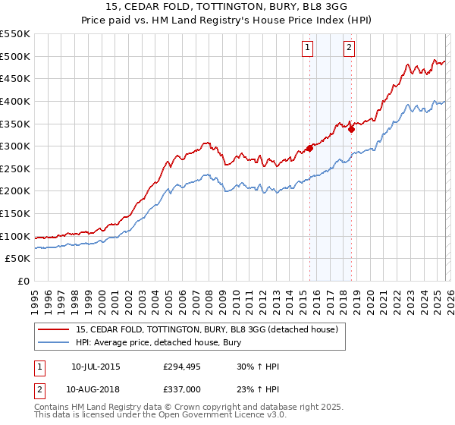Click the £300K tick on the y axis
pyautogui.click(x=15, y=146)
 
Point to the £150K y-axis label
pyautogui.click(x=15, y=213)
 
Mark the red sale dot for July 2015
pyautogui.click(x=310, y=148)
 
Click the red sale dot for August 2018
pyautogui.click(x=352, y=129)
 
